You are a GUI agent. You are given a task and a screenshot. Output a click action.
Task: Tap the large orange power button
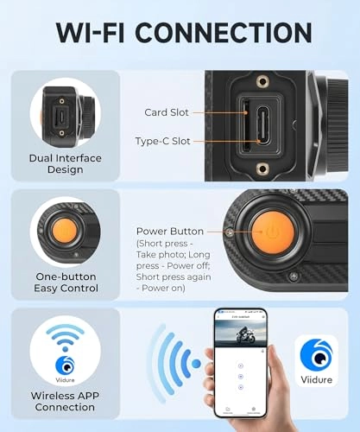272,232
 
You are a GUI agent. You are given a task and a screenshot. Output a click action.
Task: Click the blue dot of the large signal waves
196,363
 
